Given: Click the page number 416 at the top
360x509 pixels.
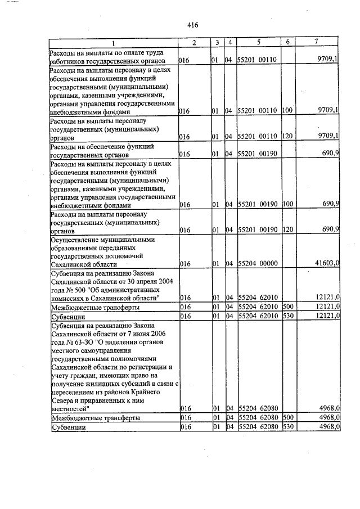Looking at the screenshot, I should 192,25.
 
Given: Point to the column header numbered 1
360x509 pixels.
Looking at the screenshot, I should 112,44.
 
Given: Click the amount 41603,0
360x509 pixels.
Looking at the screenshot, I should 327,263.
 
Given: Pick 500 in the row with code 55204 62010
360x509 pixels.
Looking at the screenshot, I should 288,307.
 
